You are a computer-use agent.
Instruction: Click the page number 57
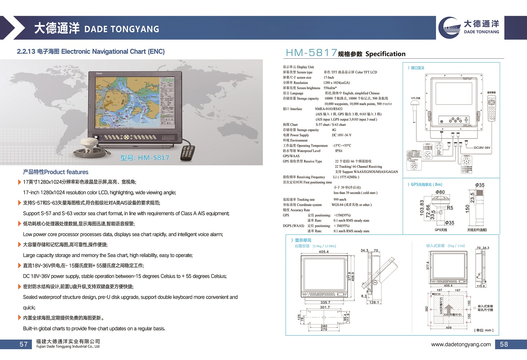(24, 344)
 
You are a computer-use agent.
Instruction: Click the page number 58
(504, 344)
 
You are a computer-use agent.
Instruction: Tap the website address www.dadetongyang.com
(461, 344)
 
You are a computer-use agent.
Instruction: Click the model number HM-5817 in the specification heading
(311, 53)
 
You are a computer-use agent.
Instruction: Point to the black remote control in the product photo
(187, 152)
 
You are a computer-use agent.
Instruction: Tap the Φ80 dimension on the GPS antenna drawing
(440, 192)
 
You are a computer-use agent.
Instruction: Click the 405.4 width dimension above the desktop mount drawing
(324, 252)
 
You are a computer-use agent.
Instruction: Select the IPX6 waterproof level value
(338, 151)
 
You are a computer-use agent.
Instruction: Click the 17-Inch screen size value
(328, 77)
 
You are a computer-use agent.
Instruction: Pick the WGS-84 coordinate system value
(351, 205)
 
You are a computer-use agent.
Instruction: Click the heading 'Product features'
(56, 172)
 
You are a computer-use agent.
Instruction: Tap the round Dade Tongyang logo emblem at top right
(450, 27)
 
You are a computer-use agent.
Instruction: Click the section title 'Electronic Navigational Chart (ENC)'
(112, 51)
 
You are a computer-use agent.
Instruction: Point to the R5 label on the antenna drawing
(450, 208)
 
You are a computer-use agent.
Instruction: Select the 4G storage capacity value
(334, 130)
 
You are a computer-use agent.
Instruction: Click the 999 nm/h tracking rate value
(340, 199)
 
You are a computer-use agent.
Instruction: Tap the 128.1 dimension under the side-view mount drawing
(374, 302)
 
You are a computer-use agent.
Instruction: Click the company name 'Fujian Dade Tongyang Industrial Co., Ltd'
(68, 347)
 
